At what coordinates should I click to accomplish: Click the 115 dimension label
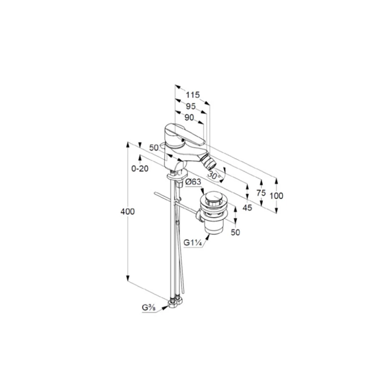point(192,95)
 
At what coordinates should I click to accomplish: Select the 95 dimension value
point(190,106)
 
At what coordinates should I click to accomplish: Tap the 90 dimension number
point(189,117)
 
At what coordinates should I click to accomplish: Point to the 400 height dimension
point(128,211)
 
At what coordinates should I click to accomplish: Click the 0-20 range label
point(140,169)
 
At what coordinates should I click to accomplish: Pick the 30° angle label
point(214,176)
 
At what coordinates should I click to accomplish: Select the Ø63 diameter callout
point(193,182)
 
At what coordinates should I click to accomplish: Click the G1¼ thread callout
point(193,243)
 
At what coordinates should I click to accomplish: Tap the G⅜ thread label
point(149,308)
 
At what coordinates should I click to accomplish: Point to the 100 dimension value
point(276,196)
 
